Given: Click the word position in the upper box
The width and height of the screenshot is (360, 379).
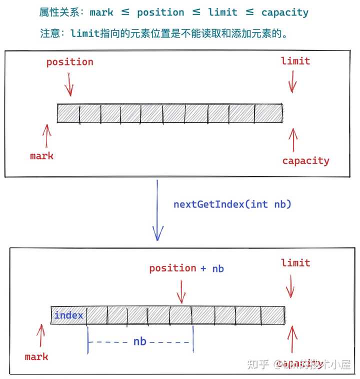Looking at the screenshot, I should pos(70,62).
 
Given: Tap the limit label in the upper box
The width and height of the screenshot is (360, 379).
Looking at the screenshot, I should pos(295,61).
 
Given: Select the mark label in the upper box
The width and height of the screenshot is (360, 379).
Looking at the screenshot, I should pos(41,155).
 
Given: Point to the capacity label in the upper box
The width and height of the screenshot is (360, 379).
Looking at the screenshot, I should pos(305,160).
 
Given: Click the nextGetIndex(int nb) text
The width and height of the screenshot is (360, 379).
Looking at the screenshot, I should pos(232,204).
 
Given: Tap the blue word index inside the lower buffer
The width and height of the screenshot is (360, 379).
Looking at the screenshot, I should pos(68,315).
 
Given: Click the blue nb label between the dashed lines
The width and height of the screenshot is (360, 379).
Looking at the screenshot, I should pos(139,341).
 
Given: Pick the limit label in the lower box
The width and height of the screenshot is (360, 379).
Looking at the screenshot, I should pos(295,262).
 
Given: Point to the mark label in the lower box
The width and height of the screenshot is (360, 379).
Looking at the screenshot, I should pos(36,356).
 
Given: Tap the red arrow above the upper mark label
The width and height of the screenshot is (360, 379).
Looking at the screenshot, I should pos(47,135).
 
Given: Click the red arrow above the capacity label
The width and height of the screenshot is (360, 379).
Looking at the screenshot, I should pos(293,139).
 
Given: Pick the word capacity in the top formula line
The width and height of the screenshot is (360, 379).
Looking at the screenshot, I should pos(285,12).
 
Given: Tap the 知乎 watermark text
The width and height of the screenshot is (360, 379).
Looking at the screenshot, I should pos(258,364).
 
